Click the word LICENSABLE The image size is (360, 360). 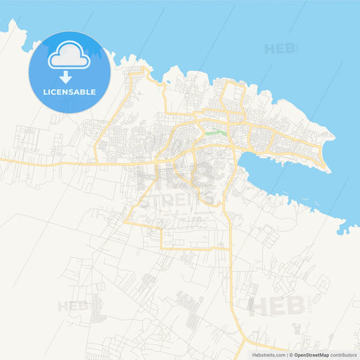coord(68,92)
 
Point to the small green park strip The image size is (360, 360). coord(215,132)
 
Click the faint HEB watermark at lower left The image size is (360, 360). coord(72,307)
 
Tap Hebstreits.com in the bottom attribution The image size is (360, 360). coord(269,354)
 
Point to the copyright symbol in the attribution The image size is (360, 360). coord(290,354)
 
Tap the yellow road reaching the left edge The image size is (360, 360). coord(3,159)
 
